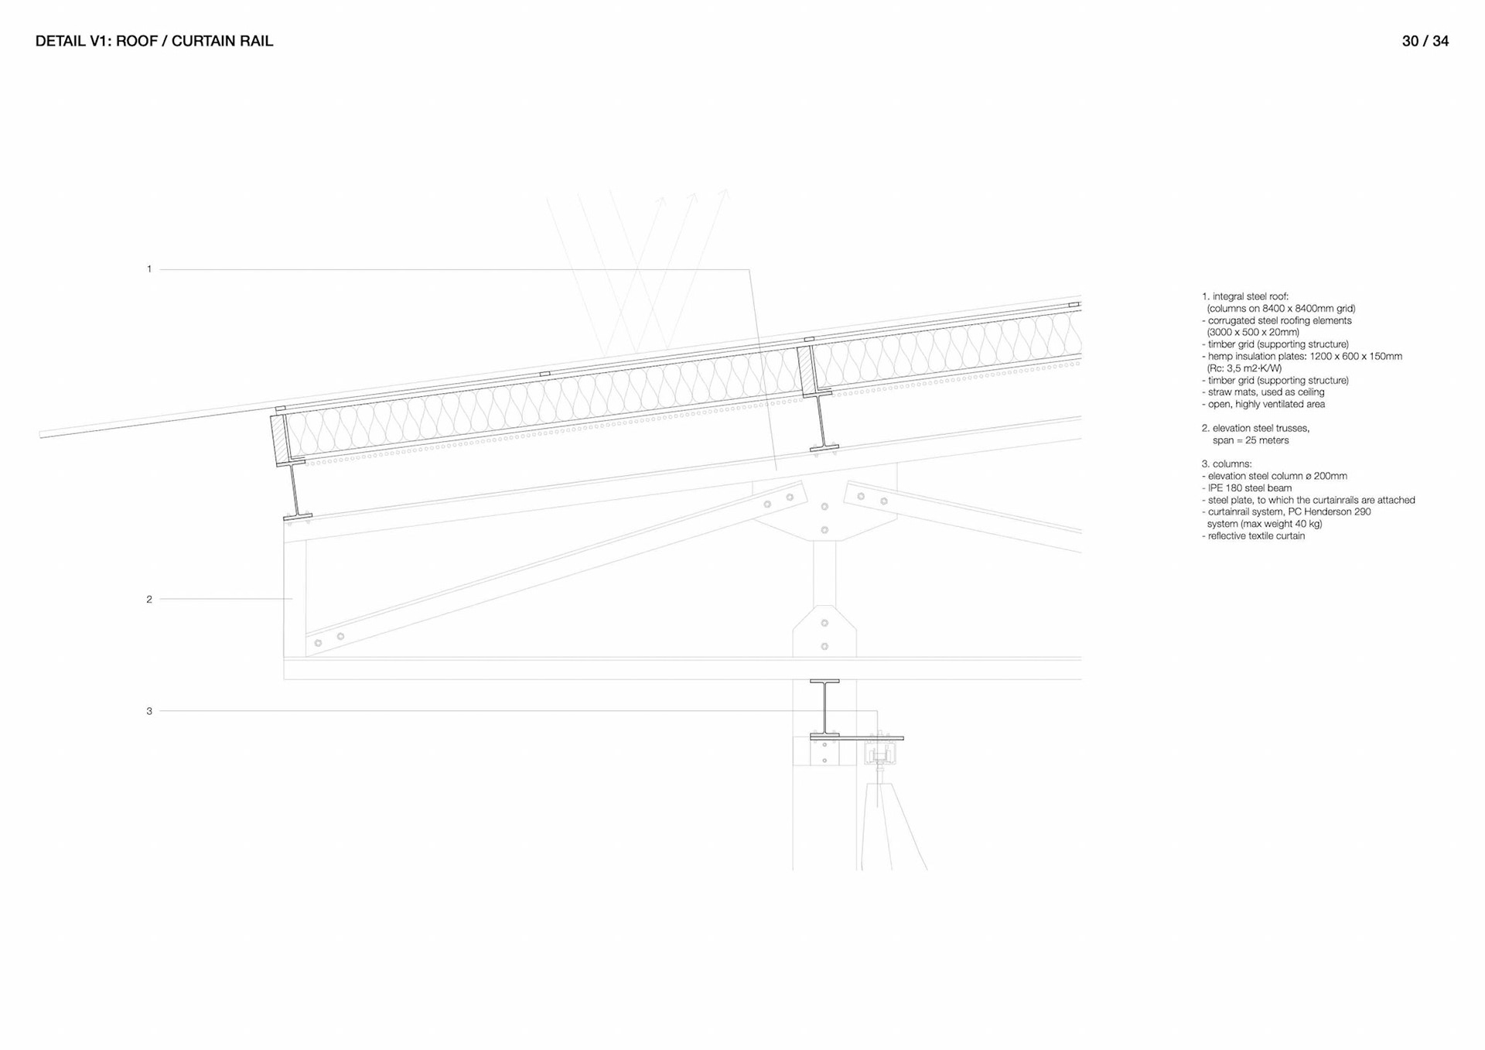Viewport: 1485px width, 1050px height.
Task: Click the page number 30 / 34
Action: (x=1425, y=41)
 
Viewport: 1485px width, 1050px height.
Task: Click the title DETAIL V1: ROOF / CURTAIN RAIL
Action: (x=154, y=41)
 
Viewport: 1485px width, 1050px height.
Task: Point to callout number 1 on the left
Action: (x=149, y=269)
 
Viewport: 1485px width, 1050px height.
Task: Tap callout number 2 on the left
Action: (x=149, y=599)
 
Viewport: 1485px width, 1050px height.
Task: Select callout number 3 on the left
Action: (x=149, y=711)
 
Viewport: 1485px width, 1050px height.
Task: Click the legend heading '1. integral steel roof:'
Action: (x=1244, y=296)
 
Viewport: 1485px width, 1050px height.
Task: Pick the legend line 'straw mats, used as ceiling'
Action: (x=1266, y=392)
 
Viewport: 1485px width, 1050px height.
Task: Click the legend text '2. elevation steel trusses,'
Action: (x=1255, y=428)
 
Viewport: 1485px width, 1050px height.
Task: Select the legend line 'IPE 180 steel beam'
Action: (x=1249, y=488)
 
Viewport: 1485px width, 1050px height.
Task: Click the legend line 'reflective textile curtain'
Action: (x=1256, y=535)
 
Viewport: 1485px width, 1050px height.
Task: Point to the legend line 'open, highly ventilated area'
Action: (x=1266, y=404)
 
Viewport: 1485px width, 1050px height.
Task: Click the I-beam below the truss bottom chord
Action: (x=824, y=708)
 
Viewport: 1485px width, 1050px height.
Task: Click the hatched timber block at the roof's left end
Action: (x=278, y=440)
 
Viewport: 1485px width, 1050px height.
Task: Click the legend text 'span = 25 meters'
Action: (x=1250, y=440)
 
